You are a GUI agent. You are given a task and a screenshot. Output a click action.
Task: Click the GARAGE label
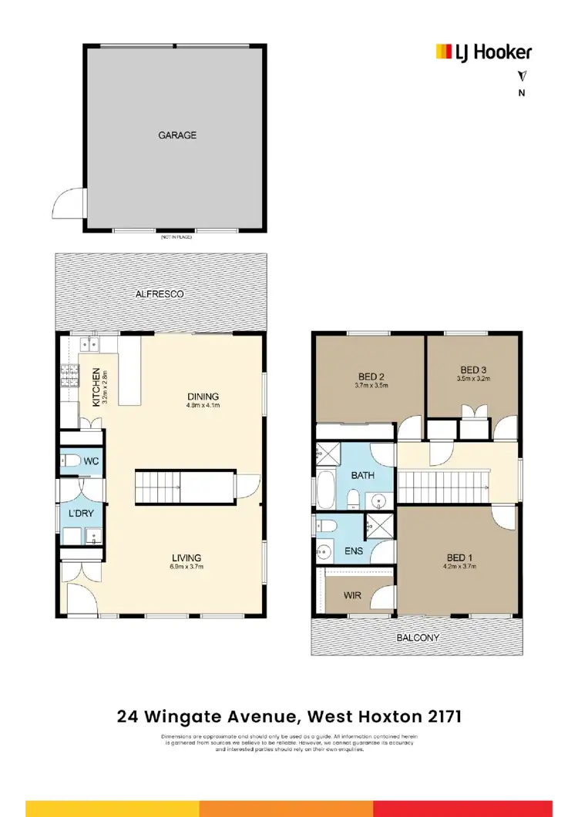pyautogui.click(x=177, y=135)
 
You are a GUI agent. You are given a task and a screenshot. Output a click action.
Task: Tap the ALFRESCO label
pyautogui.click(x=160, y=294)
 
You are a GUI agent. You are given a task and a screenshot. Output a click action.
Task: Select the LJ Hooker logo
pyautogui.click(x=483, y=52)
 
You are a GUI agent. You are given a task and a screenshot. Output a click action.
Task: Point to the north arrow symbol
pyautogui.click(x=522, y=76)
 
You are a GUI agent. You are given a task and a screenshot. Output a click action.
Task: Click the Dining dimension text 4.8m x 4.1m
pyautogui.click(x=203, y=406)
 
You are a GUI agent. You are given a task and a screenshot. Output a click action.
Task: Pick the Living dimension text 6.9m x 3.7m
pyautogui.click(x=187, y=567)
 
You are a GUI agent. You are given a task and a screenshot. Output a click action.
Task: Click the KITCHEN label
pyautogui.click(x=96, y=387)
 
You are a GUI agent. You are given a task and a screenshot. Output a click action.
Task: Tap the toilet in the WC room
pyautogui.click(x=70, y=462)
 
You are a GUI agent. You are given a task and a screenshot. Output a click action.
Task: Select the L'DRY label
pyautogui.click(x=81, y=512)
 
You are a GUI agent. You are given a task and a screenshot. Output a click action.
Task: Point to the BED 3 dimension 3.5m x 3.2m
pyautogui.click(x=473, y=379)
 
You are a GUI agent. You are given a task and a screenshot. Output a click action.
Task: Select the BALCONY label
pyautogui.click(x=418, y=638)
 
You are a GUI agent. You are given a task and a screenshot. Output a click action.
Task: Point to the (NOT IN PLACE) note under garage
pyautogui.click(x=176, y=237)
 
